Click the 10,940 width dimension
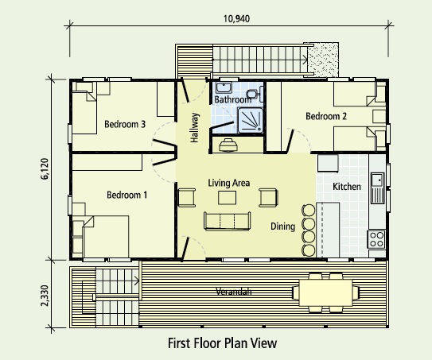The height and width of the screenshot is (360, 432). (x=236, y=19)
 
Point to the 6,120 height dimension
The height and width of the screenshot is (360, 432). (x=45, y=169)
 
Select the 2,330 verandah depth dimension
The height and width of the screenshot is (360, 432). (x=45, y=296)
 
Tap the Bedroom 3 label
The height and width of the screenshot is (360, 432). (x=125, y=124)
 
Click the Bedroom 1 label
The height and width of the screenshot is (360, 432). (x=126, y=195)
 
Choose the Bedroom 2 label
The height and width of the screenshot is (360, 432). (x=326, y=116)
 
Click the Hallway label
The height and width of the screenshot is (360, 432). (x=194, y=127)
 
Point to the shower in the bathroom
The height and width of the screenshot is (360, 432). (x=250, y=120)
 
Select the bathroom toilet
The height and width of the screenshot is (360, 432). (x=253, y=94)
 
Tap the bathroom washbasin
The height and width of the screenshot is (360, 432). (x=224, y=87)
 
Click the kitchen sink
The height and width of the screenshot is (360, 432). (x=377, y=188)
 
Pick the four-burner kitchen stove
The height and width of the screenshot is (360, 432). (x=376, y=239)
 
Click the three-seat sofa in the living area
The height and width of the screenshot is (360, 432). (x=228, y=220)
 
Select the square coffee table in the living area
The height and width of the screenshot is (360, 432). (x=227, y=198)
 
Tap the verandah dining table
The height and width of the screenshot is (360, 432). (x=325, y=292)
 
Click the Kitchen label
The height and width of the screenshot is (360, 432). (x=347, y=187)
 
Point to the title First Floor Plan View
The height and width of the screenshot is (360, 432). (x=222, y=343)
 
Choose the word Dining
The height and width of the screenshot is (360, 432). (x=282, y=226)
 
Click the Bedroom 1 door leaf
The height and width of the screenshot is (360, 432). (x=165, y=161)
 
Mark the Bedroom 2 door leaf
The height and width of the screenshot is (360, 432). (x=290, y=141)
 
